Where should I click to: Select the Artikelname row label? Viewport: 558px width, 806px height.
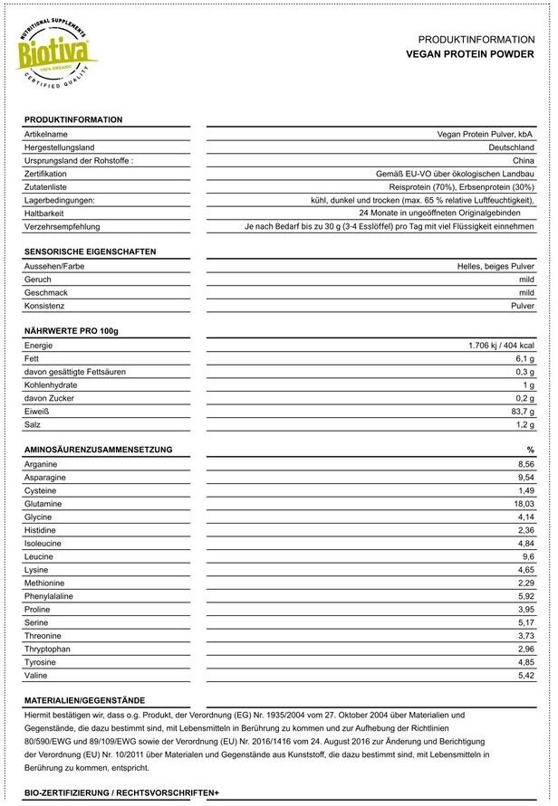coord(46,134)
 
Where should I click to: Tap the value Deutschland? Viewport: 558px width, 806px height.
coord(511,147)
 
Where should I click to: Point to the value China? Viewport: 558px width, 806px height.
coord(523,160)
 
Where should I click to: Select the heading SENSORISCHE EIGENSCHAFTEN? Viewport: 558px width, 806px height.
coord(90,251)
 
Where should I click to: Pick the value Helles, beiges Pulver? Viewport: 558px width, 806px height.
coord(495,266)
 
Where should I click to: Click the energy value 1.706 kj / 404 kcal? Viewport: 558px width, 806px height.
coord(501,346)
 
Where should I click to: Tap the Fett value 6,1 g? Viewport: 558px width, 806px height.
coord(524,359)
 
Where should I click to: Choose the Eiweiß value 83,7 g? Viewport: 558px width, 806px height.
coord(522,412)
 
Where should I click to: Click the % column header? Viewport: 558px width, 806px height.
coord(530,450)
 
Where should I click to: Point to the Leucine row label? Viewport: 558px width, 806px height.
coord(39,556)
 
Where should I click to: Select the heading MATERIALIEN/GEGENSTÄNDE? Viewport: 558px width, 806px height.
coord(84,700)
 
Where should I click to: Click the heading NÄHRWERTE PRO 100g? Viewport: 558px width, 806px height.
coord(72,331)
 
